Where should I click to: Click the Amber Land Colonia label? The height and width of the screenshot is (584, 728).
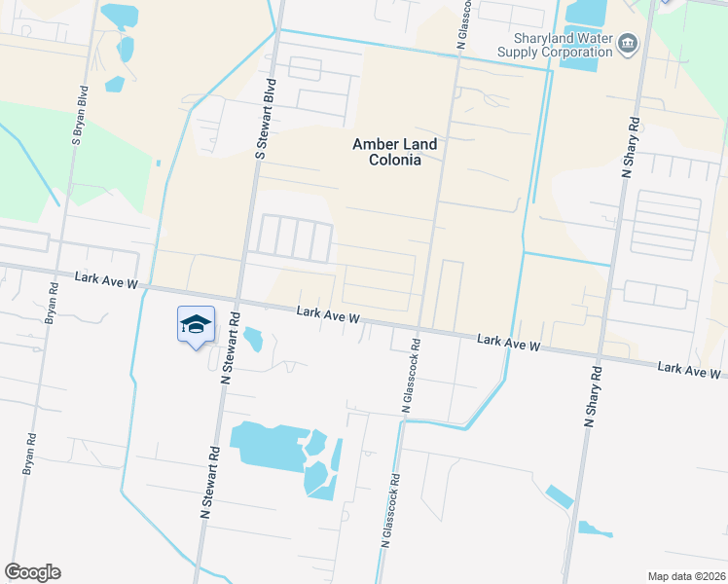pyautogui.click(x=394, y=152)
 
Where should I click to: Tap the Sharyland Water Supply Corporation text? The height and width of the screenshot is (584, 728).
pyautogui.click(x=556, y=45)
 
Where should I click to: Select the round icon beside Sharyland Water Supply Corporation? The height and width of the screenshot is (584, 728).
pyautogui.click(x=628, y=42)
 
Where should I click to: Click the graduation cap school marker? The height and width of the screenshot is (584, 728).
pyautogui.click(x=196, y=324)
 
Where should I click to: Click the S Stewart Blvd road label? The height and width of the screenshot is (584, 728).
pyautogui.click(x=262, y=121)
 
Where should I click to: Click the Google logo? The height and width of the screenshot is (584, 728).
pyautogui.click(x=32, y=572)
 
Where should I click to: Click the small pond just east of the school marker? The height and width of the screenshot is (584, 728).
pyautogui.click(x=254, y=340)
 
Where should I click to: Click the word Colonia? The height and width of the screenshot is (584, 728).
pyautogui.click(x=394, y=161)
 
